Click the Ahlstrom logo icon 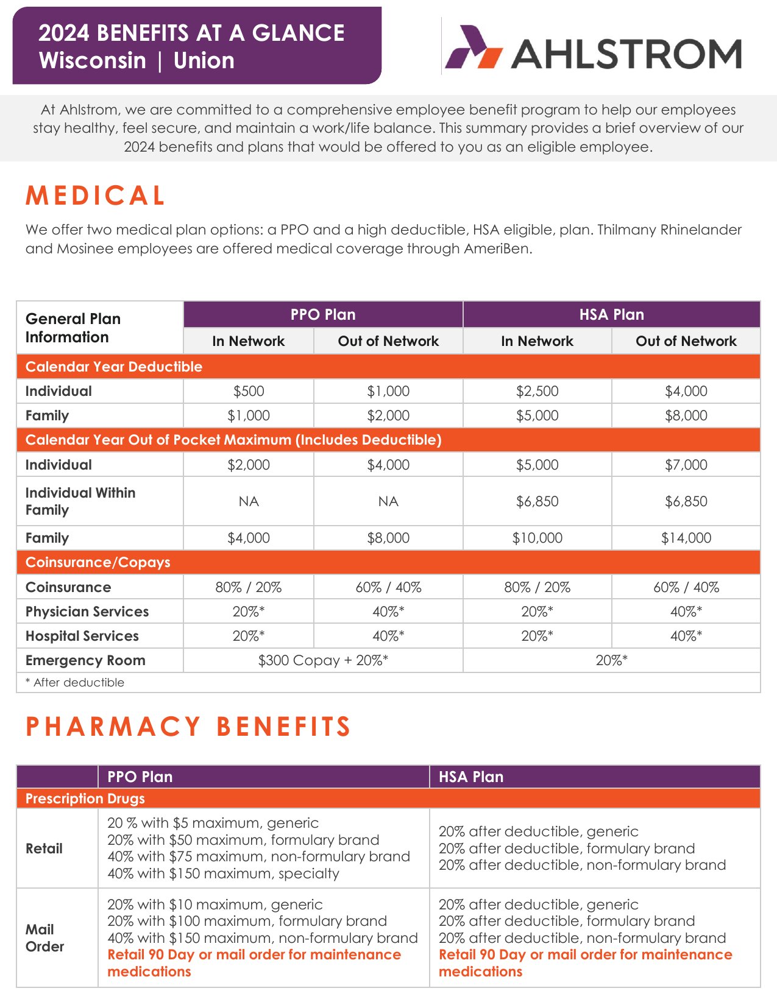tap(473, 47)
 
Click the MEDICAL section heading tap(96, 196)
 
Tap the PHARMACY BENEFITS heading tap(188, 727)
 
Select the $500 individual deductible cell tap(249, 391)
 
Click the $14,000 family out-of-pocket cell tap(686, 538)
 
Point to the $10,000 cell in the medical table tap(537, 538)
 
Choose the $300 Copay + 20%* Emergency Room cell tap(323, 660)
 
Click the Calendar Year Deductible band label tap(114, 367)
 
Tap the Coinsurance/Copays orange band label tap(98, 562)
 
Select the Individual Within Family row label tap(80, 501)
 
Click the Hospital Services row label tap(82, 636)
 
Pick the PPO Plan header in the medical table tap(323, 315)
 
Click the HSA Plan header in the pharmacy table tap(471, 777)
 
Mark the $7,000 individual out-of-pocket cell tap(686, 465)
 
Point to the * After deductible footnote tap(75, 683)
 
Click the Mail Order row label tap(44, 938)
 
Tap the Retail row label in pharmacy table tap(44, 848)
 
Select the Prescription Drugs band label tap(85, 799)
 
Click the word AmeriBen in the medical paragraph tap(497, 249)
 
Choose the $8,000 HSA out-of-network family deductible tap(686, 415)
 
